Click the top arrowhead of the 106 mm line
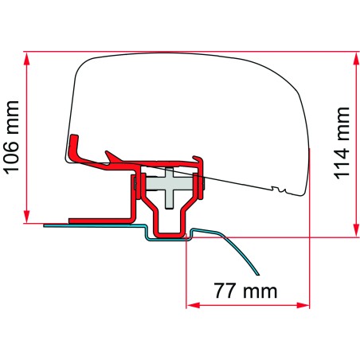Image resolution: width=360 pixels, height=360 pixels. point(29,57)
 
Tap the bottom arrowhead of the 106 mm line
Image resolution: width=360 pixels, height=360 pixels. point(29,219)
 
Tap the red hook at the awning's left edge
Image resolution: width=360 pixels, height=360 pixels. point(76,143)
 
